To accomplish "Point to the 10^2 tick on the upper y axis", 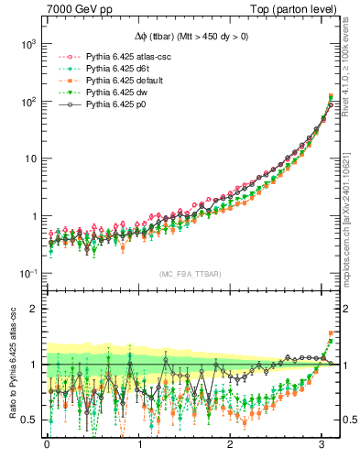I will [26, 101].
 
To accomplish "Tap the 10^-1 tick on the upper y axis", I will [26, 274].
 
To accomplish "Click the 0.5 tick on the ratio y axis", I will [27, 420].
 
